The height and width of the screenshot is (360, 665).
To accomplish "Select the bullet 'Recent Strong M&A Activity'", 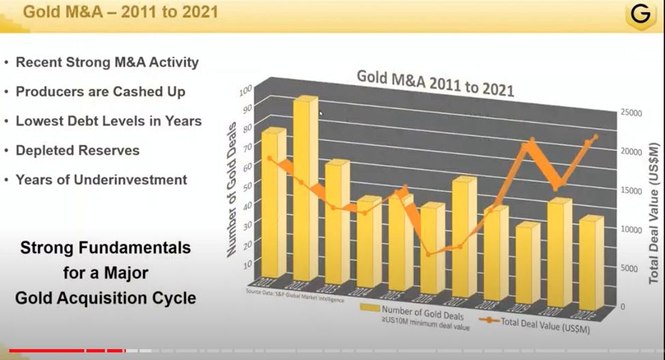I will coord(107,62).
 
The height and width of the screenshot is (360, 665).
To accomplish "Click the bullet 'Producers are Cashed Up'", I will coord(100,91).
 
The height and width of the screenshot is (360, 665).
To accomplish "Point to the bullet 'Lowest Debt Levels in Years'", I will coord(108,121).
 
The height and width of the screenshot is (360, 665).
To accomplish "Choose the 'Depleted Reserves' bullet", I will coord(77,150).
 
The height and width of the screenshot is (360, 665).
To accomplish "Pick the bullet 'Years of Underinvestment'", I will coord(101,180).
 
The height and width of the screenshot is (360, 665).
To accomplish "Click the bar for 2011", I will coord(271,205).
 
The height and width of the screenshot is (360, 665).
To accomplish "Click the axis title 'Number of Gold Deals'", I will coord(231,189).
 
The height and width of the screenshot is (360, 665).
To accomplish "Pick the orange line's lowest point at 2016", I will coord(428,255).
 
